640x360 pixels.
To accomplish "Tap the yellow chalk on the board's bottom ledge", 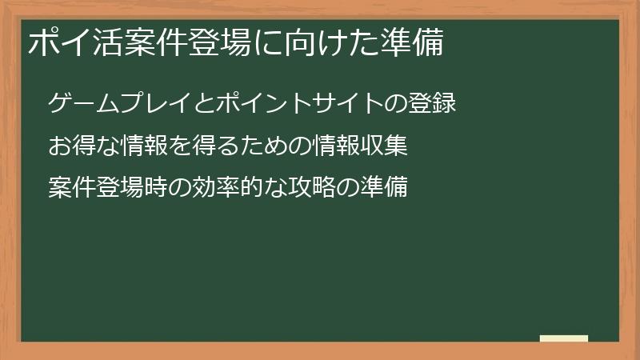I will pos(563,338).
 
